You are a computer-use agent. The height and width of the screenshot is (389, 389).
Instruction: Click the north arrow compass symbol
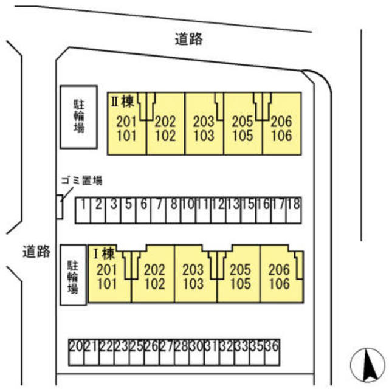coord(368,365)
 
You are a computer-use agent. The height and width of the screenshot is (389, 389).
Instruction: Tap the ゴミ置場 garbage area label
coord(81,181)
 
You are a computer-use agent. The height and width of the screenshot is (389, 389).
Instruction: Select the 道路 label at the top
coord(189,39)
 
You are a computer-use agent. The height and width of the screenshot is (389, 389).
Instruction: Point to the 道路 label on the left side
coord(36,251)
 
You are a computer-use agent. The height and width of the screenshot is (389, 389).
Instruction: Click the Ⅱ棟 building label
coord(122,102)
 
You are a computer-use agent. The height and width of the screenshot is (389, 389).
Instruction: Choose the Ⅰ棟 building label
coord(104,253)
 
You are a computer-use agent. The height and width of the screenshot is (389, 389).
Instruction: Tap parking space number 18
coord(294,210)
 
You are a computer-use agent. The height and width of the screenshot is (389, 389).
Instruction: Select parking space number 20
coord(77,353)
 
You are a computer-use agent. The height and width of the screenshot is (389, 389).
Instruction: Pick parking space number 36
coord(272,353)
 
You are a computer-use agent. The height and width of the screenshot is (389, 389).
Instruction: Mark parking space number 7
coord(159,210)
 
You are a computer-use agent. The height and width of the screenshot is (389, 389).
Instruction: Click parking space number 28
coord(182,353)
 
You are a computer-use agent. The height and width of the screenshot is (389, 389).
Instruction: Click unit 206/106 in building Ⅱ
coord(282,123)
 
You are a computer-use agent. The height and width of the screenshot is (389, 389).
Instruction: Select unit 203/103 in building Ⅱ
coord(204,123)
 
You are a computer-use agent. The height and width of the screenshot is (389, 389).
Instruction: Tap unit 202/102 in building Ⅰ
coord(153,274)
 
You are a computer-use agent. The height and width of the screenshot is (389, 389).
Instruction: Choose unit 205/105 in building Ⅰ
coord(239,274)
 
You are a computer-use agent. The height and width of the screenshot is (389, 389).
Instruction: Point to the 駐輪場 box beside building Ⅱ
coord(78,117)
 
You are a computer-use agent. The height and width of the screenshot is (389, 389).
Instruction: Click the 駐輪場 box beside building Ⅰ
coord(73,275)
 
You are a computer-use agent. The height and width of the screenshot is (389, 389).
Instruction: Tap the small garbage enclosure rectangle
coord(60,207)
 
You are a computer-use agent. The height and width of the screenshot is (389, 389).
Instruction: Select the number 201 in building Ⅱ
coord(126,122)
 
